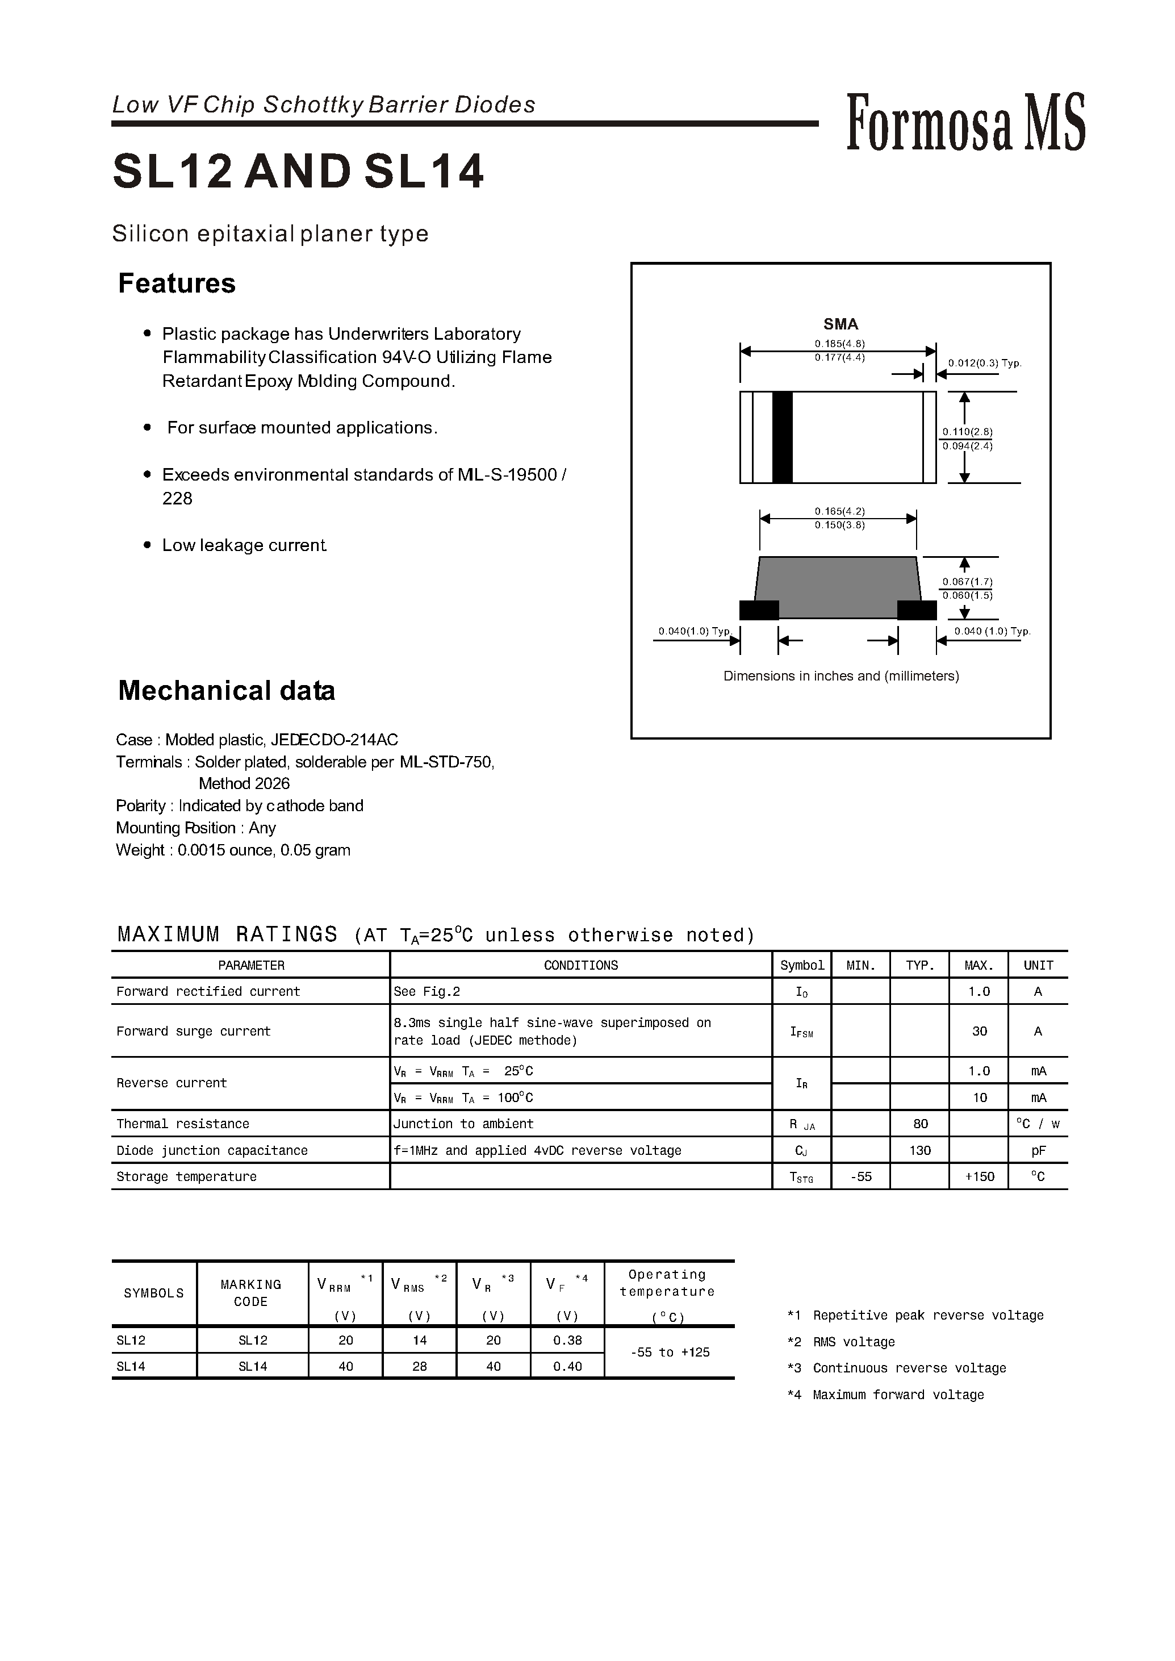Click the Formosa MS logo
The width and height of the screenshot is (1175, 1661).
pyautogui.click(x=965, y=123)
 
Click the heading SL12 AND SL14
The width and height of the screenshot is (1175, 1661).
pyautogui.click(x=298, y=172)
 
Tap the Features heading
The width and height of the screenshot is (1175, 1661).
pyautogui.click(x=177, y=283)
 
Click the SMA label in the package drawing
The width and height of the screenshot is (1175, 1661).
pyautogui.click(x=840, y=324)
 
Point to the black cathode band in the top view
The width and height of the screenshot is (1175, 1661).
pyautogui.click(x=782, y=437)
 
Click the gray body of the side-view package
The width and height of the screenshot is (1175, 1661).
pyautogui.click(x=838, y=586)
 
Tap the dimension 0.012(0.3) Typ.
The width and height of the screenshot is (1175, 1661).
pyautogui.click(x=984, y=364)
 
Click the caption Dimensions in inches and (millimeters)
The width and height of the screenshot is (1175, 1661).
pyautogui.click(x=841, y=676)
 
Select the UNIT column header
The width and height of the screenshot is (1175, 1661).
pyautogui.click(x=1038, y=966)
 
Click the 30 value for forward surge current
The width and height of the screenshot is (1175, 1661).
pyautogui.click(x=979, y=1032)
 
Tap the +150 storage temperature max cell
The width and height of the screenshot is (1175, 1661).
pyautogui.click(x=979, y=1177)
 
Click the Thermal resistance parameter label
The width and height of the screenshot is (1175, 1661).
pyautogui.click(x=182, y=1124)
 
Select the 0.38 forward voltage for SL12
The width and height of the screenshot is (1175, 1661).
pyautogui.click(x=567, y=1341)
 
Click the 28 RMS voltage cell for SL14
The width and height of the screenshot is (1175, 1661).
pyautogui.click(x=420, y=1366)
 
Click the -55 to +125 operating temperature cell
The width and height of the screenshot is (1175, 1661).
pyautogui.click(x=669, y=1353)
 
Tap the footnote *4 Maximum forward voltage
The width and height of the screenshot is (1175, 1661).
pyautogui.click(x=885, y=1395)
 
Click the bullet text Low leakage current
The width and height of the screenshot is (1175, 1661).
pyautogui.click(x=245, y=546)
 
